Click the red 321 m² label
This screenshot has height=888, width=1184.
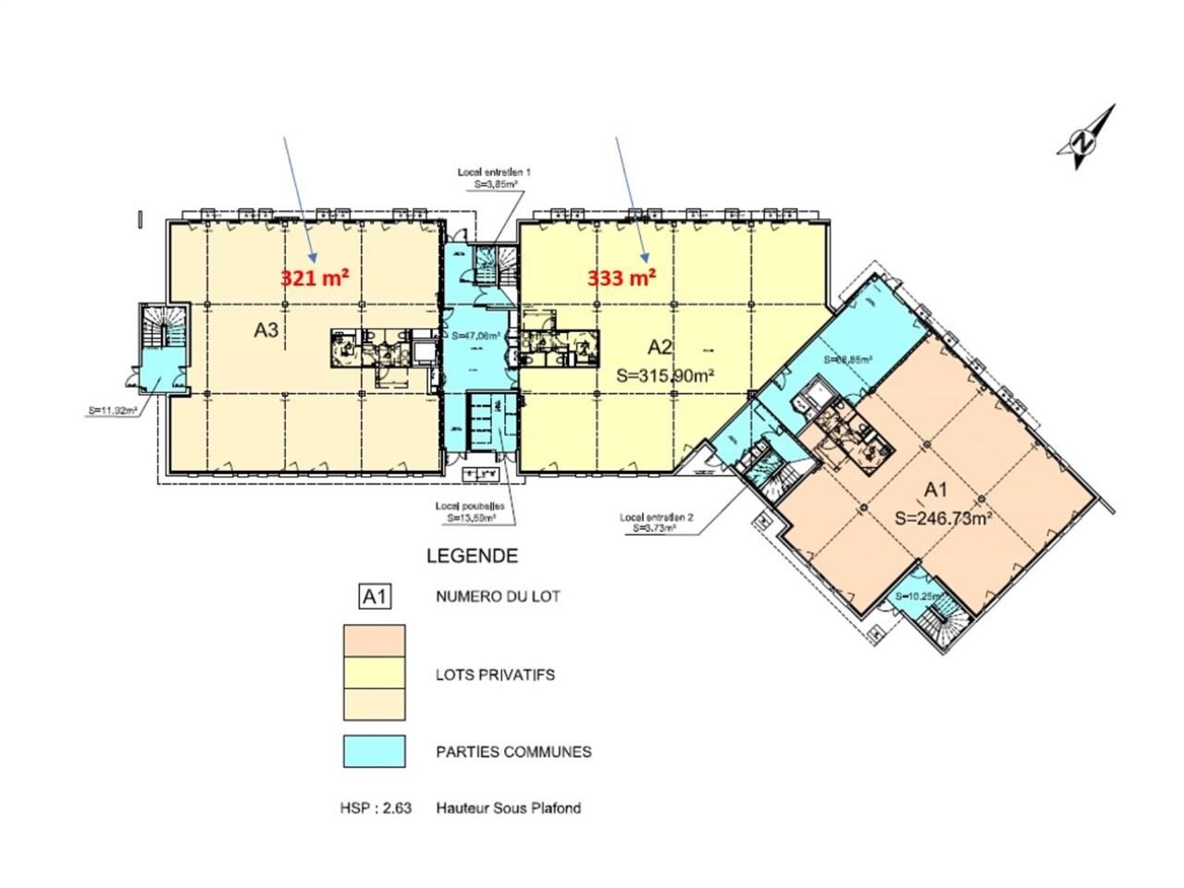pyautogui.click(x=314, y=277)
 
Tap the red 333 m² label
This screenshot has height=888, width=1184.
pyautogui.click(x=623, y=277)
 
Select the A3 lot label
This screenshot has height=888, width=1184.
pyautogui.click(x=266, y=330)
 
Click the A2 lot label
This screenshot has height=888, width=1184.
pyautogui.click(x=660, y=347)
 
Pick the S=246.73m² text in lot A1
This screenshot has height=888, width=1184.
pyautogui.click(x=943, y=519)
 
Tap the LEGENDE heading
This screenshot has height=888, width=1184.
pyautogui.click(x=472, y=557)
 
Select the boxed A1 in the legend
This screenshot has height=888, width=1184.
pyautogui.click(x=375, y=598)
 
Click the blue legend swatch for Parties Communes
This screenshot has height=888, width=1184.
pyautogui.click(x=375, y=751)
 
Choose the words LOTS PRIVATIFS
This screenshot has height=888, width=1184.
pyautogui.click(x=495, y=675)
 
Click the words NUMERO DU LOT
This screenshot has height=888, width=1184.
pyautogui.click(x=498, y=598)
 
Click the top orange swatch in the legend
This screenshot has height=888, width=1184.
pyautogui.click(x=375, y=638)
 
